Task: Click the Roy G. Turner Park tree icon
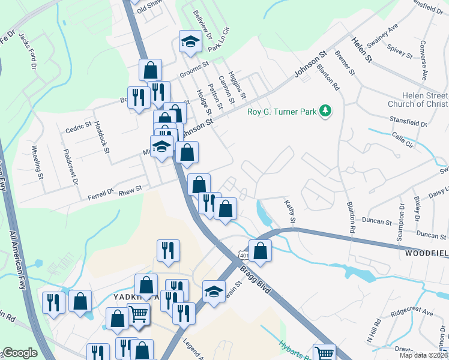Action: (325, 110)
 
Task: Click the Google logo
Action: (20, 353)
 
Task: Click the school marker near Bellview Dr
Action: (190, 42)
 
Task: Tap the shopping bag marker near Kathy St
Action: (260, 251)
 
